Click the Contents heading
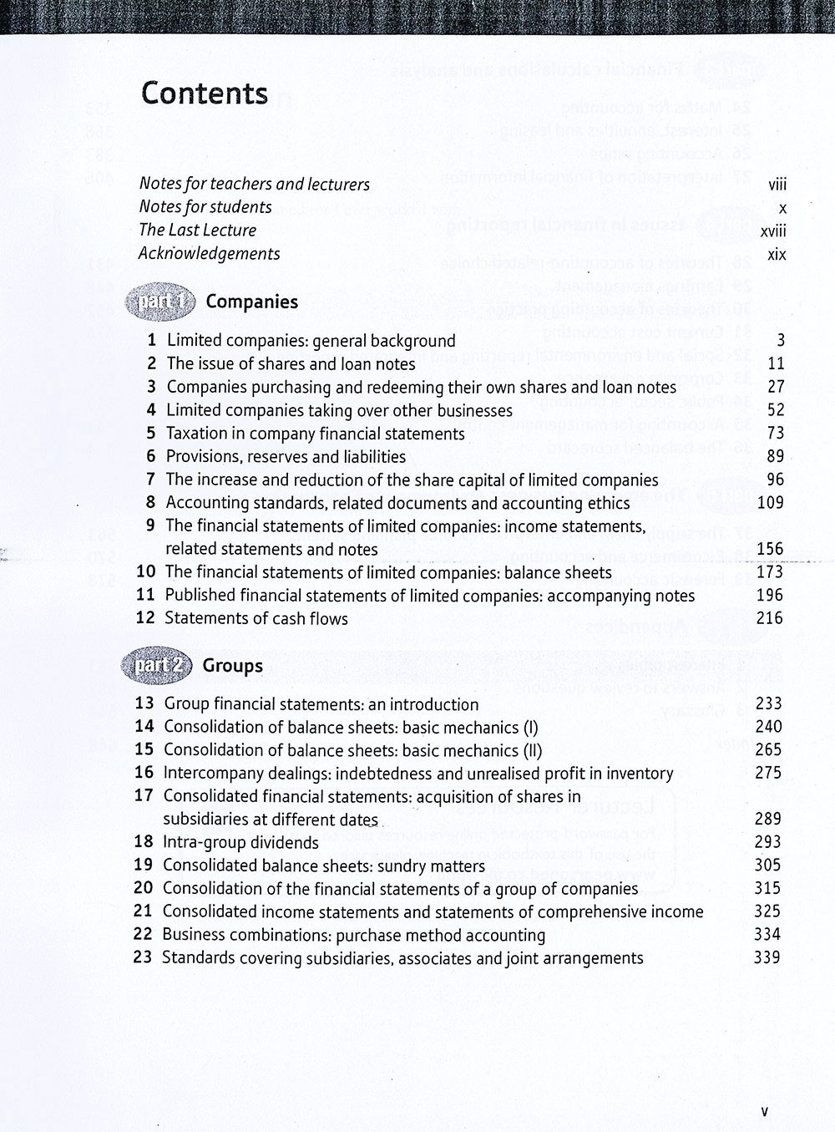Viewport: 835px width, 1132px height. click(205, 94)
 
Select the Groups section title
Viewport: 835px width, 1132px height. click(233, 666)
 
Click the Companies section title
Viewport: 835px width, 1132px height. click(251, 302)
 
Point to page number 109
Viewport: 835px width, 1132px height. click(770, 502)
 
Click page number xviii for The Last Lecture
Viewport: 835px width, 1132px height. click(773, 231)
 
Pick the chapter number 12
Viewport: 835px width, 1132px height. click(145, 618)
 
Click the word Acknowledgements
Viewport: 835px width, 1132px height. click(210, 253)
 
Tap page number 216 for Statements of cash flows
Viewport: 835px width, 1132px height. click(769, 618)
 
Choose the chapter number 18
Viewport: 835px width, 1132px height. click(144, 842)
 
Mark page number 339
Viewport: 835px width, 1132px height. click(767, 957)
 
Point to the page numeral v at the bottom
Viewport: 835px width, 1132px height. click(764, 1111)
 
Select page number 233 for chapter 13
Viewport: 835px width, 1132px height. click(768, 703)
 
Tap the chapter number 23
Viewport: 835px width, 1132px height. click(143, 957)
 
